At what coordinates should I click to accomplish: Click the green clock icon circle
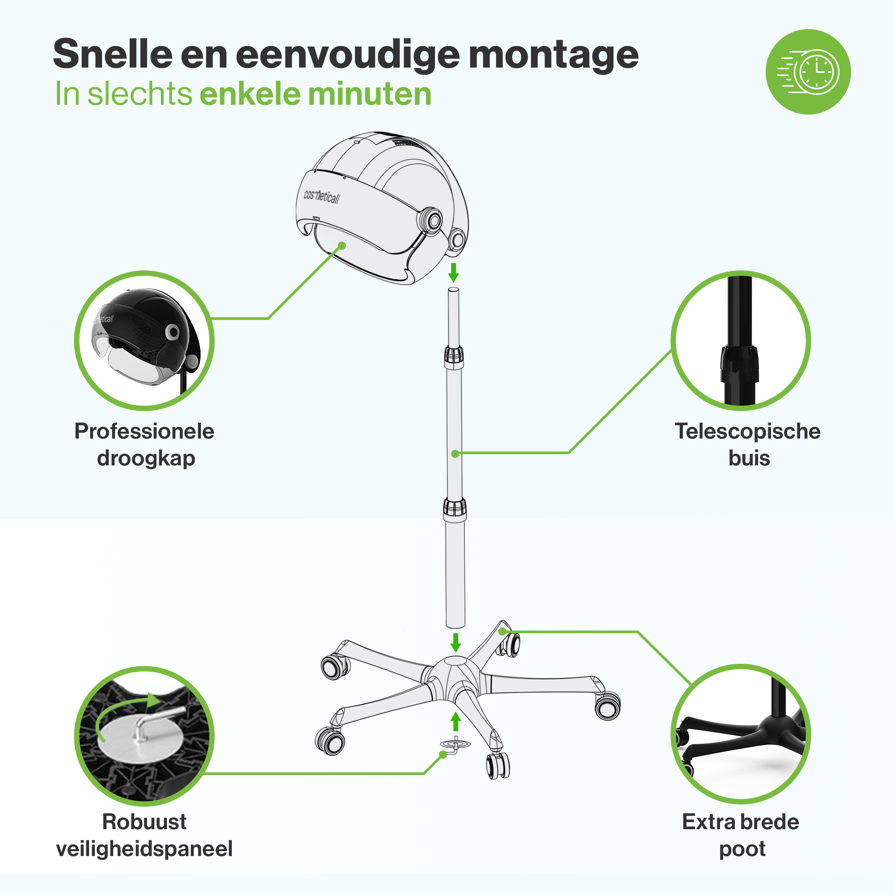(x=808, y=72)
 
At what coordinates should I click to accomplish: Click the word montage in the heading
(x=554, y=55)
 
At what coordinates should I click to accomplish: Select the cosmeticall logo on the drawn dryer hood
(x=321, y=196)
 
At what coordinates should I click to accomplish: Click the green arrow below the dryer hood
(x=453, y=273)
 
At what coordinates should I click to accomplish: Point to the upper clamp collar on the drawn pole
(x=453, y=357)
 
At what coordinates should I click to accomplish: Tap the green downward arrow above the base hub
(x=456, y=643)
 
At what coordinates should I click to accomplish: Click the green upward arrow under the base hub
(x=456, y=722)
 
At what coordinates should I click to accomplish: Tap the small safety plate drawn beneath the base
(x=455, y=745)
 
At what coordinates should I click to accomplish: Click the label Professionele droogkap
(x=145, y=444)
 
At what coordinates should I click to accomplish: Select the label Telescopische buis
(x=748, y=444)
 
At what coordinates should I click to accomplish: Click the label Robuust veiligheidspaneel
(x=145, y=835)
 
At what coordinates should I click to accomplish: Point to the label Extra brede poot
(x=741, y=835)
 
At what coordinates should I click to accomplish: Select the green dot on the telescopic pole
(x=455, y=454)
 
